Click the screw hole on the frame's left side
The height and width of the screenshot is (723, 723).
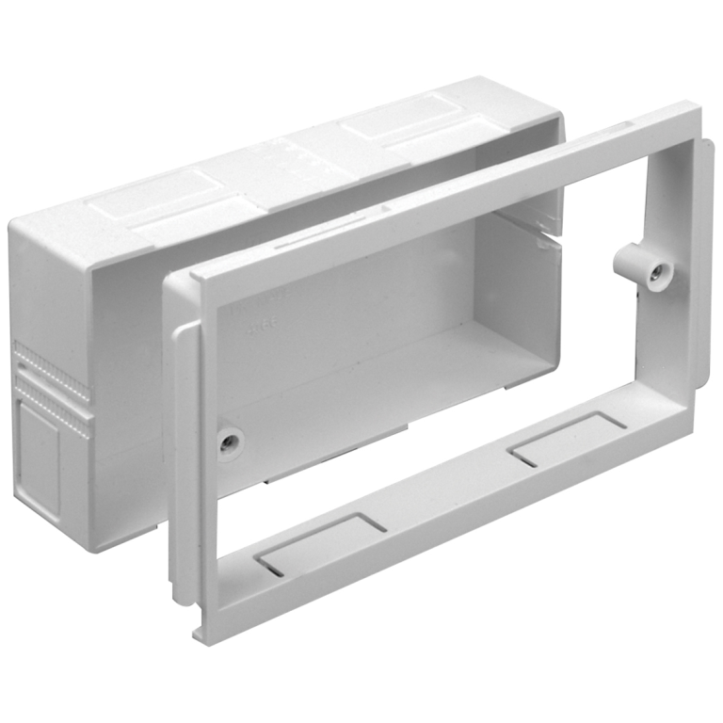click(228, 441)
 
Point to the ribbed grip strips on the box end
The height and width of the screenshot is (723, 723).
click(53, 386)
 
